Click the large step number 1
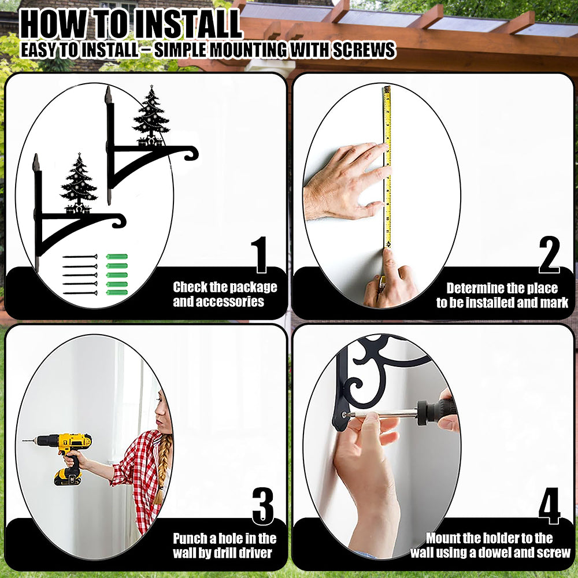260,255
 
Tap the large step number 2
549,255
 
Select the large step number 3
263,506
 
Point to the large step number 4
549,506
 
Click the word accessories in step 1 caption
218,302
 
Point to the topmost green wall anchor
117,257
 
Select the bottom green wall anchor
117,292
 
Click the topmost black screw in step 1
80,257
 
